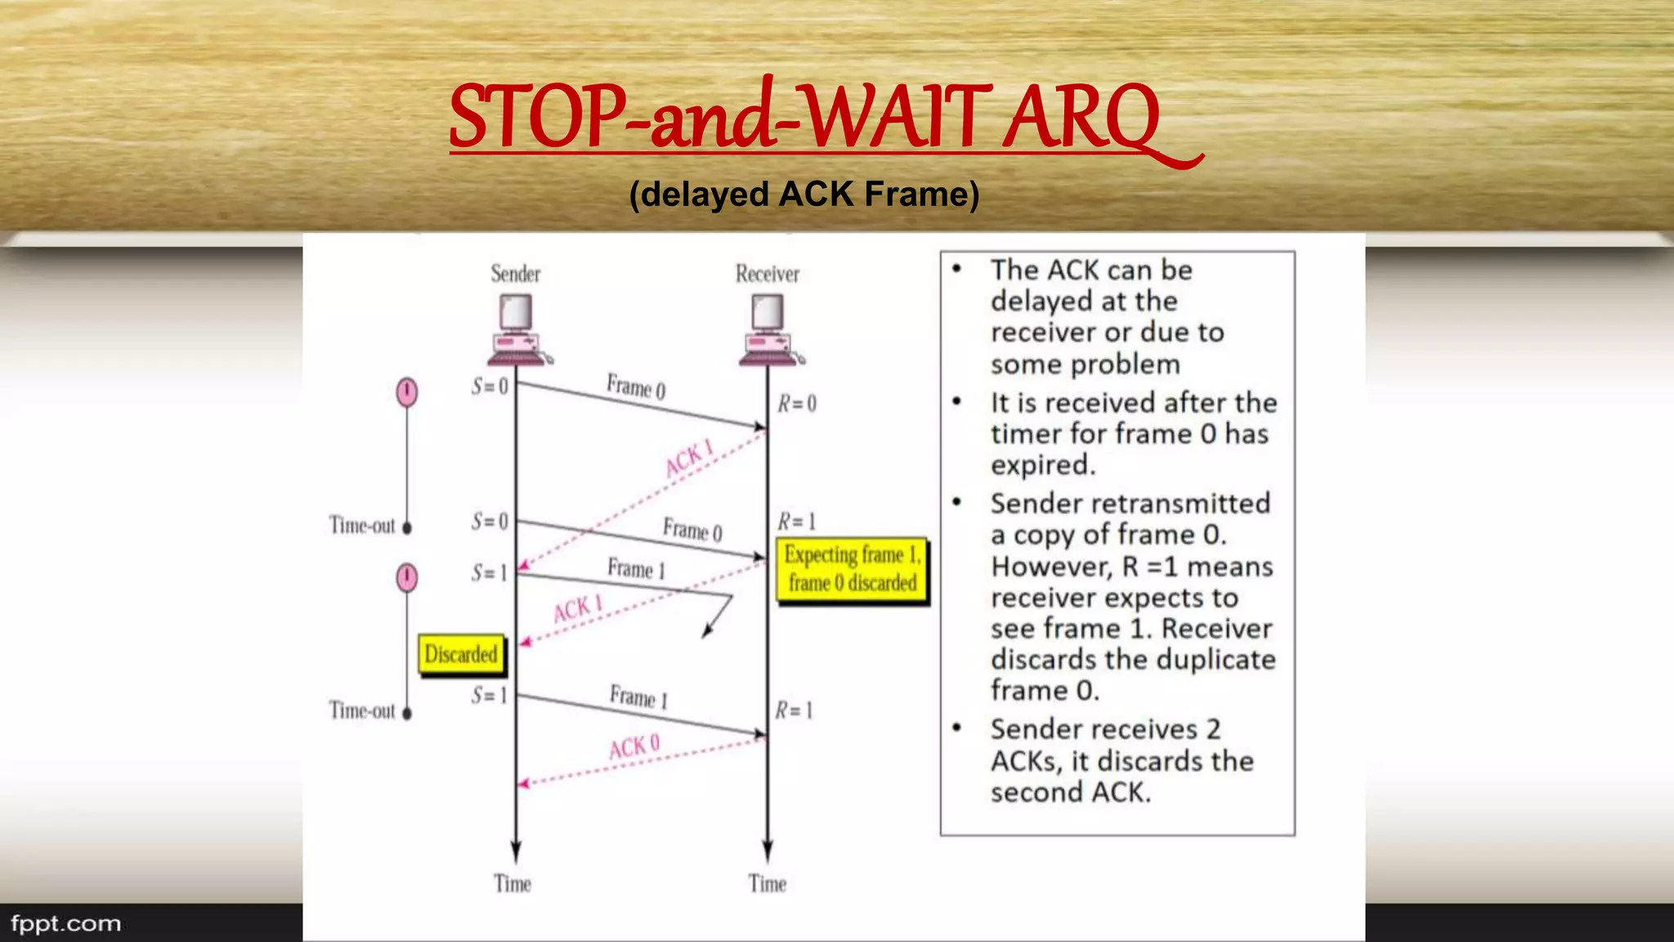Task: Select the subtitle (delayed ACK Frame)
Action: [804, 195]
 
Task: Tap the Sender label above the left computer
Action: [515, 274]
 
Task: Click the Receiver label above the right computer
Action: [767, 274]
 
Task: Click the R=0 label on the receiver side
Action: [796, 403]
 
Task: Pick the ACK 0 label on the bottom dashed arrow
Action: [633, 747]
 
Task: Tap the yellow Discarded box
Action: [461, 655]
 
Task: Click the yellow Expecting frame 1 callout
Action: [852, 569]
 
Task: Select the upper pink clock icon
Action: [407, 392]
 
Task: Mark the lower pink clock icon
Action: [407, 577]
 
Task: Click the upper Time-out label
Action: [362, 525]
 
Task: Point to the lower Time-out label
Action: [362, 711]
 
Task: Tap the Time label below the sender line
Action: [512, 884]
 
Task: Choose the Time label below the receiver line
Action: [767, 884]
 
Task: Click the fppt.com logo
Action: [65, 924]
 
